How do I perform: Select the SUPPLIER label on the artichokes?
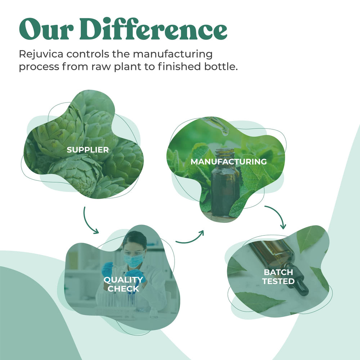87,150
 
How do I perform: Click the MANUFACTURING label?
229,162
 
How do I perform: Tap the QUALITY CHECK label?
123,284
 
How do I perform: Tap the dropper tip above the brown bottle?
225,132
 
